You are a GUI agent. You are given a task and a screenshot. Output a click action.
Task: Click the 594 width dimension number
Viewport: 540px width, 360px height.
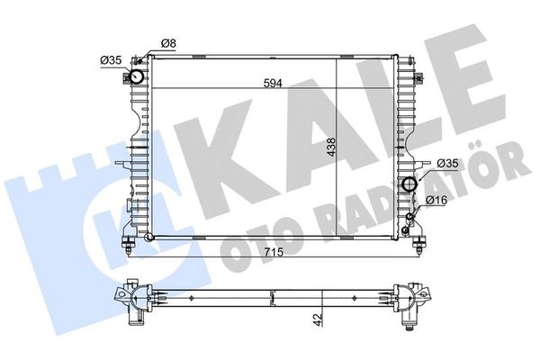point(273,84)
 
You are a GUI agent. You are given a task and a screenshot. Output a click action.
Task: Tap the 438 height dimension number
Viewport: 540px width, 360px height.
point(331,147)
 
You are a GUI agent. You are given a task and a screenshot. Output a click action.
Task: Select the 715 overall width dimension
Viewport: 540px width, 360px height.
point(274,252)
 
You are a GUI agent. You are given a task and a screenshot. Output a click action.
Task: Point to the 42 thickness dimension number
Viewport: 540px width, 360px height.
point(319,319)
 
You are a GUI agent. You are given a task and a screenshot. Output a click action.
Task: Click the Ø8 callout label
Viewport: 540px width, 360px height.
point(168,43)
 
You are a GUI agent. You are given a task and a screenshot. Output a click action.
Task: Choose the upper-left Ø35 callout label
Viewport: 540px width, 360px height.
point(111,60)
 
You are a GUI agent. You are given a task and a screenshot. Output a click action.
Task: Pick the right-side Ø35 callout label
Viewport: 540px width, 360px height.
point(447,164)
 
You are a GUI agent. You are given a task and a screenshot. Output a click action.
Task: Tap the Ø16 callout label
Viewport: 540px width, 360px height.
point(436,200)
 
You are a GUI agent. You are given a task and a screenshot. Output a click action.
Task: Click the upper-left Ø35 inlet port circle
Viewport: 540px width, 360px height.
point(137,76)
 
